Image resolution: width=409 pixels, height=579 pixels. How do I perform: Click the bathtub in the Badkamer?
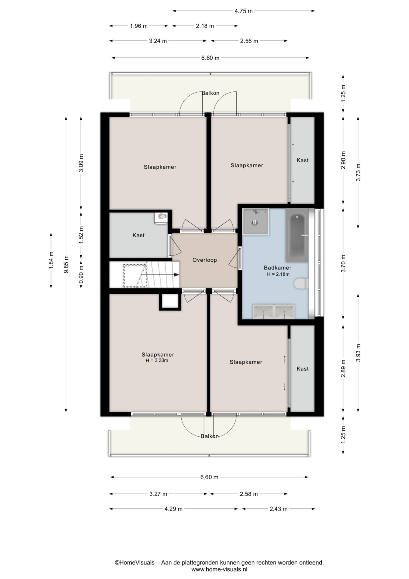(x=297, y=235)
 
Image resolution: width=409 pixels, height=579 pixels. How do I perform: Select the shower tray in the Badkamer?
(x=255, y=221)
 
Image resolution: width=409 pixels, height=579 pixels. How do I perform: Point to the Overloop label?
(x=205, y=260)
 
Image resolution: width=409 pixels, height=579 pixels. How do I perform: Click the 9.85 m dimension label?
(x=66, y=264)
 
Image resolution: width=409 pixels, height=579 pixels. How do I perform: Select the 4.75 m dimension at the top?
(x=244, y=11)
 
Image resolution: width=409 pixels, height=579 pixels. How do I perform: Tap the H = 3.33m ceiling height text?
(x=157, y=360)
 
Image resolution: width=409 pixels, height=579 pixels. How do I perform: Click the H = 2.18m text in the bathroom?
(x=278, y=274)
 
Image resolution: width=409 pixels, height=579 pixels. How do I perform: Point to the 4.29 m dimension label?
(x=173, y=509)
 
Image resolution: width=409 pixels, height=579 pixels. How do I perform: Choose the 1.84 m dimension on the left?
(x=51, y=260)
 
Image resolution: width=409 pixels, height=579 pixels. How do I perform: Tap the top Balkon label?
(x=210, y=93)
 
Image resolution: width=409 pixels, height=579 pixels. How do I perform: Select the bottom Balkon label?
(x=210, y=436)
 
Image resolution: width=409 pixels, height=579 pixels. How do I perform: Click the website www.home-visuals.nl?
(x=219, y=569)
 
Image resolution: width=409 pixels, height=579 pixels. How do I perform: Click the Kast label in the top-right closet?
(x=302, y=160)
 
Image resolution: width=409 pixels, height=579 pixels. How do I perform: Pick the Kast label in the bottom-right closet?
(x=302, y=369)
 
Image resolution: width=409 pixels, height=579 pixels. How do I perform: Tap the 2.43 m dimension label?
(x=279, y=509)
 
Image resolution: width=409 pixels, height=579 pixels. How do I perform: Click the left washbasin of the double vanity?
(x=263, y=312)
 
